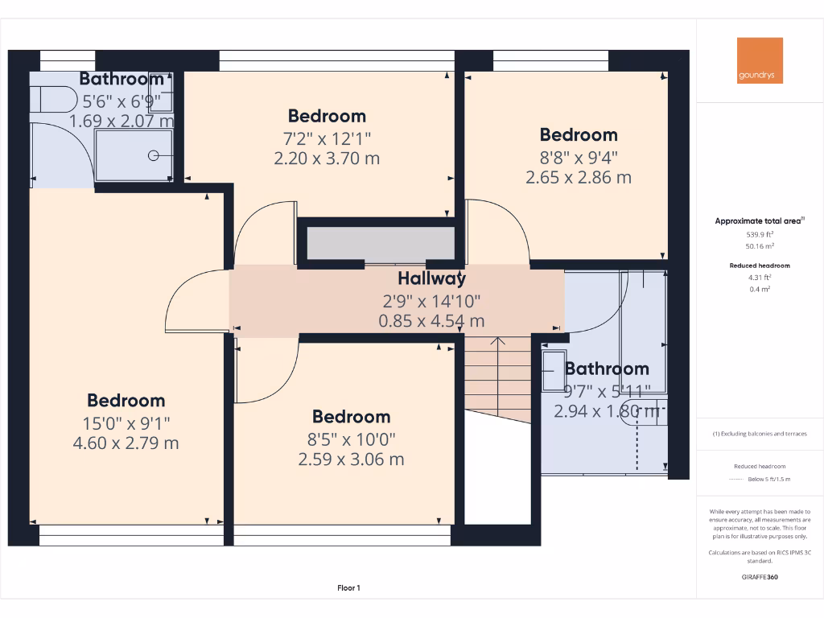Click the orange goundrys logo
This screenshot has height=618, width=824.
[x=760, y=60]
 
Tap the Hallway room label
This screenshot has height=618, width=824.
[x=431, y=279]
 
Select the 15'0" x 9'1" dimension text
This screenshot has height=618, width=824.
[x=126, y=422]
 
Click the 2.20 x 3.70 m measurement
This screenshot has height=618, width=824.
[x=327, y=159]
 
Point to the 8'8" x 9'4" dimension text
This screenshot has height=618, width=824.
[x=578, y=157]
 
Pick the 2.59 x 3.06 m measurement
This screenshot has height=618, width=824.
[x=351, y=459]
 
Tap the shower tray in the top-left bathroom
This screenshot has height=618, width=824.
[x=134, y=155]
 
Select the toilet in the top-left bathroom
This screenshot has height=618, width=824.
[x=50, y=98]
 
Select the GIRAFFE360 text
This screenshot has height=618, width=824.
[x=760, y=577]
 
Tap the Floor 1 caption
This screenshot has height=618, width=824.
[x=348, y=588]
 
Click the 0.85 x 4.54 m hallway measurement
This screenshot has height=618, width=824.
[x=431, y=320]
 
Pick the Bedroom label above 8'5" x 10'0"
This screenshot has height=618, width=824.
[x=351, y=417]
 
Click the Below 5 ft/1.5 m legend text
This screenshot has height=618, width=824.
[x=769, y=479]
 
